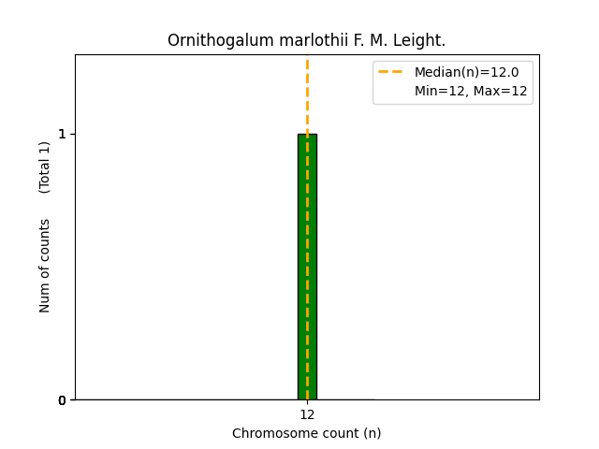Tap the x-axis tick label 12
coord(307,414)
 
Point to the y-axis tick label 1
coord(63,134)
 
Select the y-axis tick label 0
coord(63,400)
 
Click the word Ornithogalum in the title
coord(210,41)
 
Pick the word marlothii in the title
coord(287,41)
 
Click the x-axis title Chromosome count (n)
coord(307,433)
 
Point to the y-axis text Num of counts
coord(45,266)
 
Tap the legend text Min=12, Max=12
coord(471,91)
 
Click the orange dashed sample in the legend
coord(390,72)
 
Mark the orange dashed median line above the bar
coord(307,94)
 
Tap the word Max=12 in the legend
coord(503,91)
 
